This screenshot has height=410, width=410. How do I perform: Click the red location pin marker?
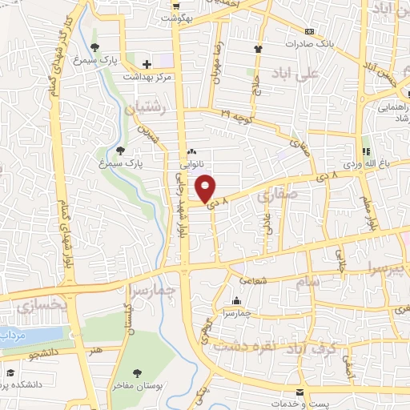(x=207, y=188)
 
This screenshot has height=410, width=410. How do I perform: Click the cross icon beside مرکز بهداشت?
(x=146, y=64)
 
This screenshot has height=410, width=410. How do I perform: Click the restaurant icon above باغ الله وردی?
(x=366, y=151)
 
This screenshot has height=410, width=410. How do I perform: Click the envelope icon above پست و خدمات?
(x=300, y=393)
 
